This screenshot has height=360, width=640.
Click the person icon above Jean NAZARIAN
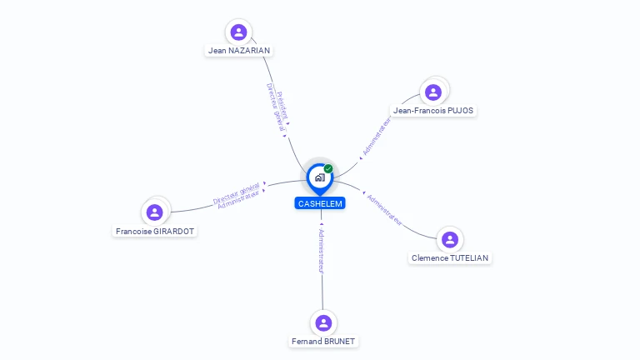point(239,32)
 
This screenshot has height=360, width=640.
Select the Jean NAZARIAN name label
point(239,51)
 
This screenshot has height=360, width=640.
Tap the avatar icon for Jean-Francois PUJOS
point(432,92)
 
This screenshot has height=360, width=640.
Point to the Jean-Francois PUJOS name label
point(433,110)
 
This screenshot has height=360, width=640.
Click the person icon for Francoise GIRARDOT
point(154,212)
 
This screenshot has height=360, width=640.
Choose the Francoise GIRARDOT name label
point(155,231)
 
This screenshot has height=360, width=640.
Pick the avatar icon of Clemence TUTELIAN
point(450,240)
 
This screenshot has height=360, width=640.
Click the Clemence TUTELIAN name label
point(451,258)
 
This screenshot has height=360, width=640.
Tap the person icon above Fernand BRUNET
point(323,322)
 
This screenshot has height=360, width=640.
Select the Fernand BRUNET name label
point(324,341)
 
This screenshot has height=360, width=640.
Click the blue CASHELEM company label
point(320,203)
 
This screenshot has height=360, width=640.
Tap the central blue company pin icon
point(319,177)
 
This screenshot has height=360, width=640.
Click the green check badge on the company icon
point(328,168)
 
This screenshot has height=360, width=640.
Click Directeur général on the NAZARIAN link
point(275,108)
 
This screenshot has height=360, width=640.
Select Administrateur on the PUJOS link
point(377,136)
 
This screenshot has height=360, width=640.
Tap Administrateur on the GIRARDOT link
point(238,200)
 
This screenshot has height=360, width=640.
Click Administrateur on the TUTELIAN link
point(385,210)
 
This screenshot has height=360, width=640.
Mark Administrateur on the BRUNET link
point(321,249)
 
